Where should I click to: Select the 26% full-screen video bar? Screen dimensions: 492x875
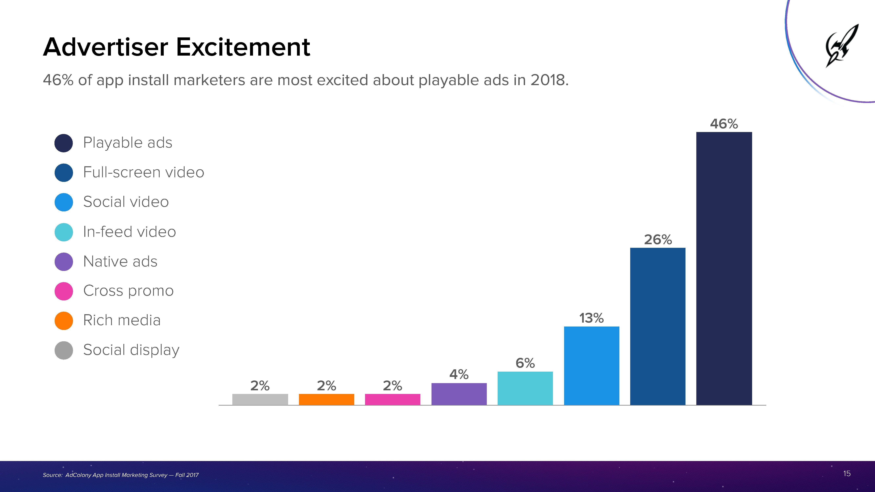coord(658,326)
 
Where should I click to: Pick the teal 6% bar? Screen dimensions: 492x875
coord(525,388)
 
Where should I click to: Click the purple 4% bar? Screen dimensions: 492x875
coord(459,394)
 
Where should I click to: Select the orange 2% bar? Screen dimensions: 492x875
coord(327,399)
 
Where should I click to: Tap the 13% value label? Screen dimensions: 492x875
coord(591,318)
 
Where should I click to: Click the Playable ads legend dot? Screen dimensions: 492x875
coord(63,143)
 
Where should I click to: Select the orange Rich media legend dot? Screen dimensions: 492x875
coord(63,320)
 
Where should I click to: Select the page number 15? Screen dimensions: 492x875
coord(847,473)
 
